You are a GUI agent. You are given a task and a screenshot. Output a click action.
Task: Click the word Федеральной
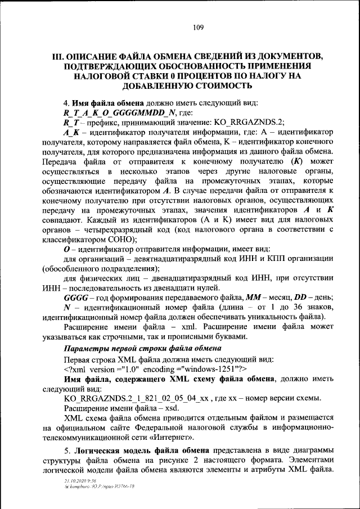point(175,427)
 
